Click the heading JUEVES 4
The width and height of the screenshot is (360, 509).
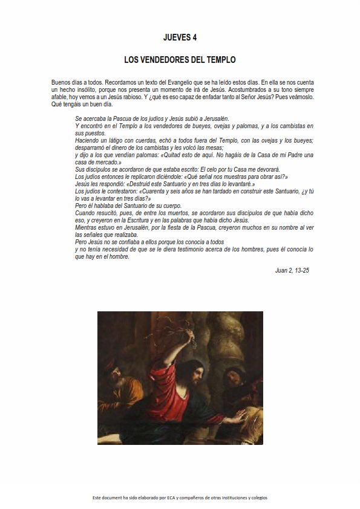pyautogui.click(x=180, y=37)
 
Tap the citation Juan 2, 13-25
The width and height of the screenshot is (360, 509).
pyautogui.click(x=292, y=270)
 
